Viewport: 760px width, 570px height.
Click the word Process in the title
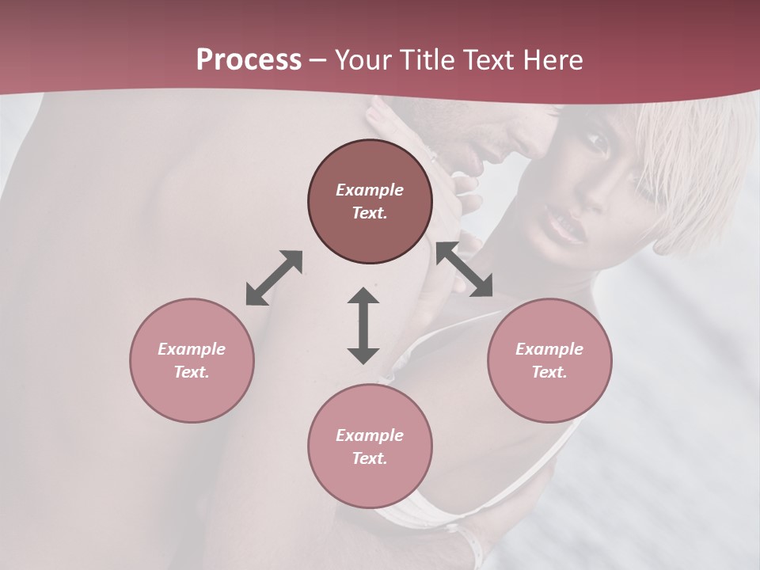[x=249, y=60]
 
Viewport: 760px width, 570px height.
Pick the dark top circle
[x=370, y=201]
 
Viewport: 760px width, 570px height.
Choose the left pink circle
[x=192, y=360]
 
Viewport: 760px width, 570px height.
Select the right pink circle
[x=549, y=360]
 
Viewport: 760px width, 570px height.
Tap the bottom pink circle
[x=370, y=446]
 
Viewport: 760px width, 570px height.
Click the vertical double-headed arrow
[x=363, y=325]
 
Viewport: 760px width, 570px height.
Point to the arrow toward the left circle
[x=274, y=278]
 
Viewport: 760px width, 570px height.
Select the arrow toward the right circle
[x=464, y=270]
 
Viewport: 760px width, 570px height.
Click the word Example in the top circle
[x=370, y=190]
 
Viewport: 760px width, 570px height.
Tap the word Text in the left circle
[x=192, y=372]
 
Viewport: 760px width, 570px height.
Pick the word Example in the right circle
[x=549, y=349]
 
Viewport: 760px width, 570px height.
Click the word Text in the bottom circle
[x=370, y=458]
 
